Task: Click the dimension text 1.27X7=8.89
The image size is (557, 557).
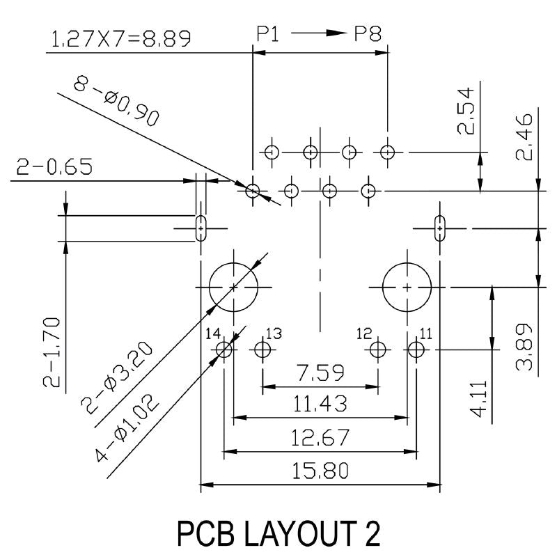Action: pos(120,39)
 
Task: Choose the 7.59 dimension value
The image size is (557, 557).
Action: pos(319,373)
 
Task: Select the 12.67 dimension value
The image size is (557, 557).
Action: pos(320,439)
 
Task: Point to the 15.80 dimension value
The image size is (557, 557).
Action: pos(320,471)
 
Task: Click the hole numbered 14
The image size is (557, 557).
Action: pos(224,349)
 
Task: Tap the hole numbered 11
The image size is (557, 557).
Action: pos(416,349)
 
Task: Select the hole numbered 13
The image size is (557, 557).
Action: pos(262,349)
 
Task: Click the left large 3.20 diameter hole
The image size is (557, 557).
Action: pos(233,287)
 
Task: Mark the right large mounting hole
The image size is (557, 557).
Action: pos(407,287)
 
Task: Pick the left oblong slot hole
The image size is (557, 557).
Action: pos(201,228)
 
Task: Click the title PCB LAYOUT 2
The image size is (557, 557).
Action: pos(278,534)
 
